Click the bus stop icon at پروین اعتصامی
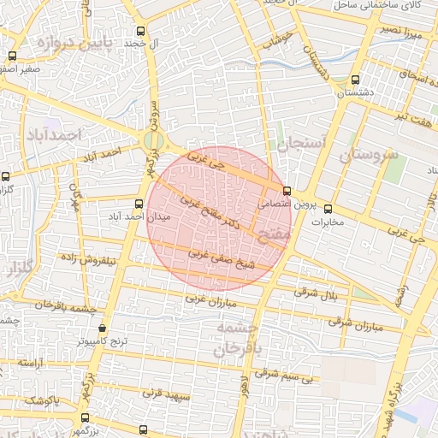(286, 191)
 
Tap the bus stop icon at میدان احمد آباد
(139, 204)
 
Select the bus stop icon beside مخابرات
(328, 209)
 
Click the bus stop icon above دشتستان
(355, 80)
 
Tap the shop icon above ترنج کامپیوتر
(104, 328)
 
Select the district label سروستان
(370, 156)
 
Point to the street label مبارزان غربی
(208, 299)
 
